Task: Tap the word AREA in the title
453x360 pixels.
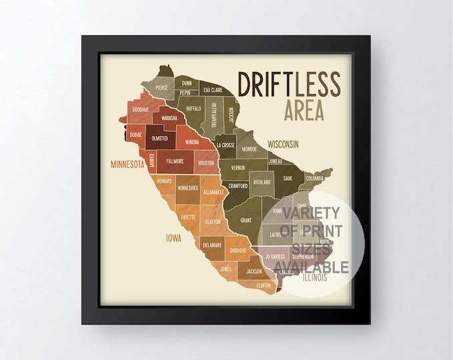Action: click(304, 110)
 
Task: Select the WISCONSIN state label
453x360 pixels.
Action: click(282, 144)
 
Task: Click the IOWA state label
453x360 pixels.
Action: click(175, 235)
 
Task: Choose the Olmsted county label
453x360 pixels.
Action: click(160, 139)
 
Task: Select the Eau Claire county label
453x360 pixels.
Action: click(213, 89)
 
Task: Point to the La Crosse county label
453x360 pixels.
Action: click(225, 145)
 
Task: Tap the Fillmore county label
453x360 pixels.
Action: click(175, 161)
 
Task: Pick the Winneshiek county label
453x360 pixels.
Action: click(187, 188)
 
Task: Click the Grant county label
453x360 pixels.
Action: click(245, 219)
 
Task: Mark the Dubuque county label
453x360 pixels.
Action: click(238, 250)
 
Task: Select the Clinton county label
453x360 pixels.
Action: click(264, 285)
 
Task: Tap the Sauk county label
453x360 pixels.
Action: click(287, 178)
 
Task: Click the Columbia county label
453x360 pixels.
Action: click(315, 179)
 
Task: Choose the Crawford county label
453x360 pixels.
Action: click(238, 186)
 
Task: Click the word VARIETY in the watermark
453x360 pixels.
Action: click(312, 213)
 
